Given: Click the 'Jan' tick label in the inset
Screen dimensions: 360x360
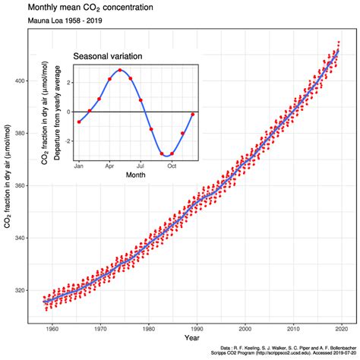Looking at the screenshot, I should point(78,166).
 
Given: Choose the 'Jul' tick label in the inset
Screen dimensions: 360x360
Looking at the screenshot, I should point(141,166).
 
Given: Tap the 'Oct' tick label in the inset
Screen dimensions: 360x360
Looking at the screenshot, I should point(172,166).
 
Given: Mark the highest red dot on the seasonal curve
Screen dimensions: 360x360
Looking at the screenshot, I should point(120,70).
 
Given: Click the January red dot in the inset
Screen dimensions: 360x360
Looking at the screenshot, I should point(78,122).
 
